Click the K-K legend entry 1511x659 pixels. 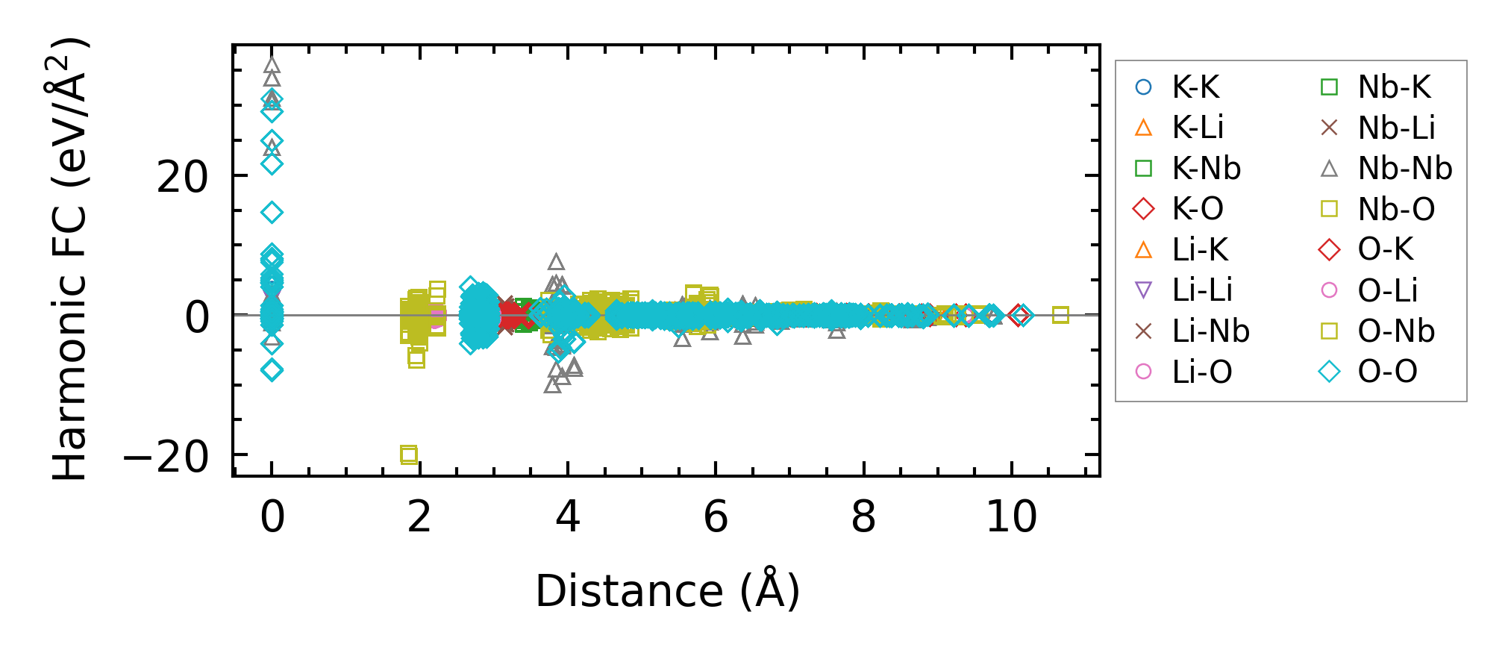pos(1195,87)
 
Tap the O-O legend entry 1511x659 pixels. pos(1387,372)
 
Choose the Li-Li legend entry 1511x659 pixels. pos(1201,290)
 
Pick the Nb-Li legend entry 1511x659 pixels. pos(1395,128)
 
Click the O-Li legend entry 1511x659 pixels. pos(1387,290)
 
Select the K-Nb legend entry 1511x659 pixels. pos(1206,169)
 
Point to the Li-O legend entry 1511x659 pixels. pos(1201,372)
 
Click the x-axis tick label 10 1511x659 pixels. pos(1011,516)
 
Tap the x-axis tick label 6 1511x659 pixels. pos(716,516)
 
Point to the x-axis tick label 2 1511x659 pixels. pos(419,516)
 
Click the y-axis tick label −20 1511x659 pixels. pos(166,457)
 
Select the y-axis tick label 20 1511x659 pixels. pos(182,178)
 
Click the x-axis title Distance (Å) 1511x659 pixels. pos(667,591)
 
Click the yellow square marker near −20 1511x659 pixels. pos(409,454)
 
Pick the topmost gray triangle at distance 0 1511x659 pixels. pos(272,66)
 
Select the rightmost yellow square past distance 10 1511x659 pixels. pos(1060,315)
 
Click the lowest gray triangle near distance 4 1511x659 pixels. pos(553,385)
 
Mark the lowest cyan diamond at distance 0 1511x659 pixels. pos(272,369)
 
